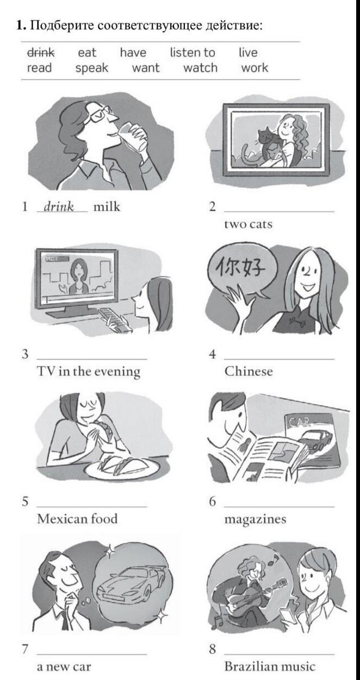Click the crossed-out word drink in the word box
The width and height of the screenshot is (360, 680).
pyautogui.click(x=41, y=53)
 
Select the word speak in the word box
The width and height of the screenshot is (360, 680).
pyautogui.click(x=92, y=68)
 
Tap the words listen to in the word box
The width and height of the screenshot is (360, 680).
pyautogui.click(x=193, y=53)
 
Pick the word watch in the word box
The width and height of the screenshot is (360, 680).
pyautogui.click(x=200, y=67)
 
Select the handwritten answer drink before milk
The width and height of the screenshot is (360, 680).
pyautogui.click(x=59, y=207)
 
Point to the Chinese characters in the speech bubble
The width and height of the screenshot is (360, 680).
pyautogui.click(x=241, y=269)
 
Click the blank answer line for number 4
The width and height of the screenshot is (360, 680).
pyautogui.click(x=280, y=359)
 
